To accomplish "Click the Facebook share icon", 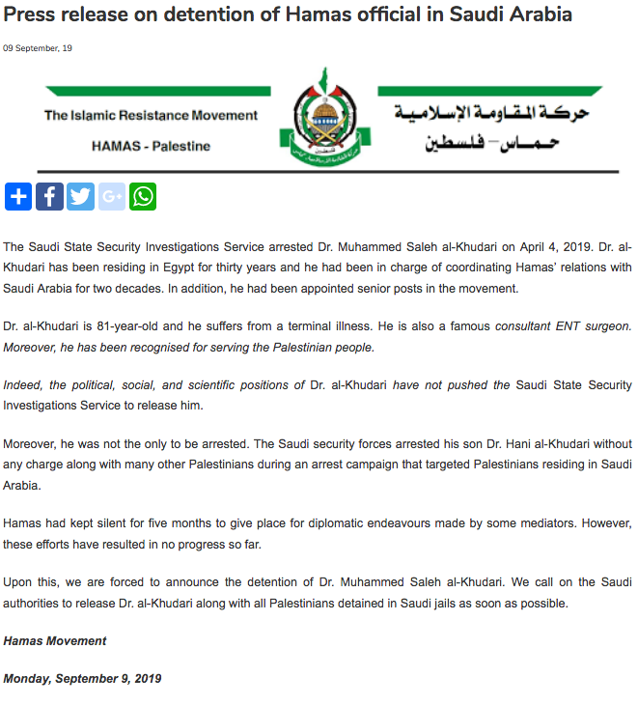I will coord(49,197).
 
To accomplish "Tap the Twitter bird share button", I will coord(80,197).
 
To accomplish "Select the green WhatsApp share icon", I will coord(143,197).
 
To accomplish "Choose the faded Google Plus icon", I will coord(112,197).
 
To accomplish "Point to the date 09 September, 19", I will coord(38,48).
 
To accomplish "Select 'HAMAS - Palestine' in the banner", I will coord(151,146).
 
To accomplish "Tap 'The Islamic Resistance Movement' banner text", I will coord(151,115).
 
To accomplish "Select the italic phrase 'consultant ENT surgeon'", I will coord(563,326).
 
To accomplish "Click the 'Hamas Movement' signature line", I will coord(55,641).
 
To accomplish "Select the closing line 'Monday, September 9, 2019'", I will coord(82,679).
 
